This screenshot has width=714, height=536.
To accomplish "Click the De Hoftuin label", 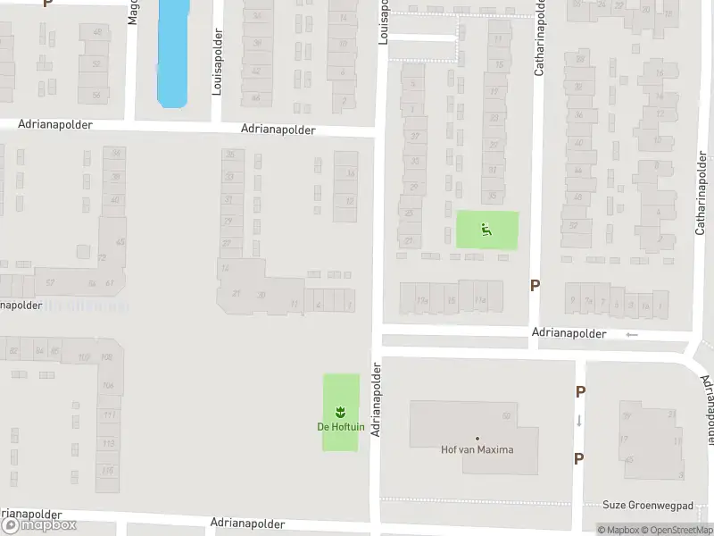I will (x=340, y=427).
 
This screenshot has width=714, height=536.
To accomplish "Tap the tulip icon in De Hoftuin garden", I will (x=340, y=412).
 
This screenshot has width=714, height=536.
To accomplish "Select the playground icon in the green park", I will (x=486, y=230).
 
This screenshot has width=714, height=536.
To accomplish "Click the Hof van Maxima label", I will (x=477, y=449).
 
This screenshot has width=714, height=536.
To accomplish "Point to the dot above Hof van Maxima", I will (x=477, y=439).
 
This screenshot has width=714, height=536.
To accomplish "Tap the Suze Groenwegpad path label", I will (x=648, y=505).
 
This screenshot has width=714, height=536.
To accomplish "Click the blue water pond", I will (x=173, y=52).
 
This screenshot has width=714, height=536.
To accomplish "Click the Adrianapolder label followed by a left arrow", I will (x=569, y=333).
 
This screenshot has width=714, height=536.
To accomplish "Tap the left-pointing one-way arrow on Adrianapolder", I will (x=632, y=334).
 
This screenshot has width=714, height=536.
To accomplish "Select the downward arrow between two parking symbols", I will (x=579, y=421).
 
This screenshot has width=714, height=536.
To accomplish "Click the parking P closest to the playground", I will (x=535, y=286).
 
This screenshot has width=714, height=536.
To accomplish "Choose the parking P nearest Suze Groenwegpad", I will (x=579, y=459).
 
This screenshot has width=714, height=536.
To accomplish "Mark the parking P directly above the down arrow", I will (x=580, y=391).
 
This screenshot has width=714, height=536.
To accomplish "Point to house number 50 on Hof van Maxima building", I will (x=507, y=415).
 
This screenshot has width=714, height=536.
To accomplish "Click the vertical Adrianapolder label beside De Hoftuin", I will (x=377, y=399).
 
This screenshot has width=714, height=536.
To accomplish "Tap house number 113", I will (x=109, y=443).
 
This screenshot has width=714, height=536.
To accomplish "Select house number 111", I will (x=109, y=415).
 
